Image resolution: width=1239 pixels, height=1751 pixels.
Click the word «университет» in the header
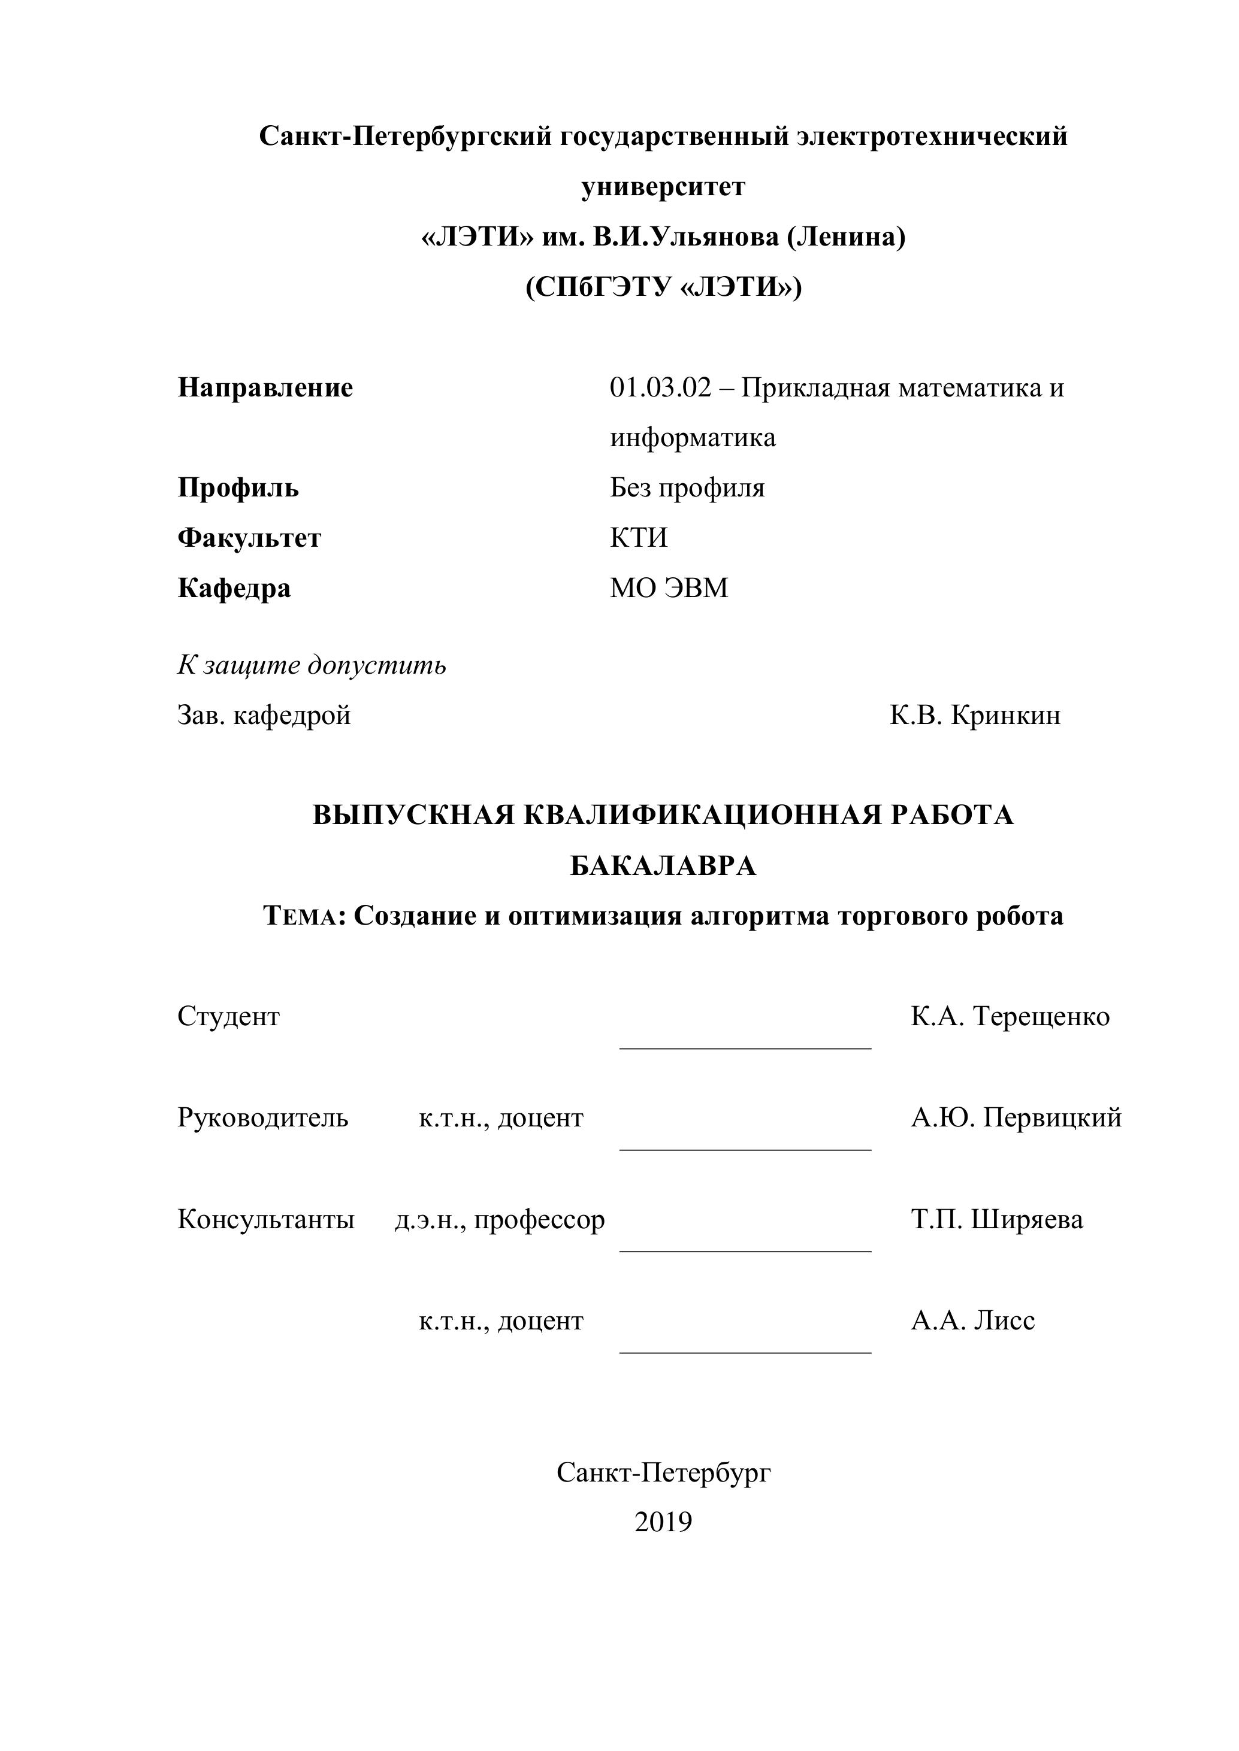coord(663,187)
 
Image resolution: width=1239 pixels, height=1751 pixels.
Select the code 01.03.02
coord(660,387)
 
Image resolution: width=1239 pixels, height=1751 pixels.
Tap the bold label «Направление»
coord(265,387)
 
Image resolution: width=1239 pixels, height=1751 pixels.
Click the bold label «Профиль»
coord(238,487)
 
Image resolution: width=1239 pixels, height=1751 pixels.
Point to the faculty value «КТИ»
coord(639,538)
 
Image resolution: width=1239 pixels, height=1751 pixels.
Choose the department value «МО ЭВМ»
coord(669,588)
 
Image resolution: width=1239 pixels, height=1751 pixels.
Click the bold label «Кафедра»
coord(234,588)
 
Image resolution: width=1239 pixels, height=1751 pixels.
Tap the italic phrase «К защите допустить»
coord(312,665)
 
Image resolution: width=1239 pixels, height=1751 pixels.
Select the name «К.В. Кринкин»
coord(975,716)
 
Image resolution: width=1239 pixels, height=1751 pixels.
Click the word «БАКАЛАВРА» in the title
coord(663,865)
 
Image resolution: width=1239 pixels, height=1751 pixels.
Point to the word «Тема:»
coord(304,916)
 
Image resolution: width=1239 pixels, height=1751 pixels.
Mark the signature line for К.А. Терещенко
coord(745,1048)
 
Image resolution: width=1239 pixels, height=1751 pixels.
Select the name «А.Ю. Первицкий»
coord(1016,1117)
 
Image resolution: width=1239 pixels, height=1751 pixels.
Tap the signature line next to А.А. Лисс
coord(745,1352)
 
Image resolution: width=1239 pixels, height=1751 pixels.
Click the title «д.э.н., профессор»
coord(500,1219)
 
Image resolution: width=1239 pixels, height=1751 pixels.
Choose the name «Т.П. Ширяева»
coord(996,1219)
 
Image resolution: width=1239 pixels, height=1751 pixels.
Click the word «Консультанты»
coord(266,1219)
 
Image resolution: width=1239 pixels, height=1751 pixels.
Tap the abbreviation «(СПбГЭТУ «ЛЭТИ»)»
coord(663,287)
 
